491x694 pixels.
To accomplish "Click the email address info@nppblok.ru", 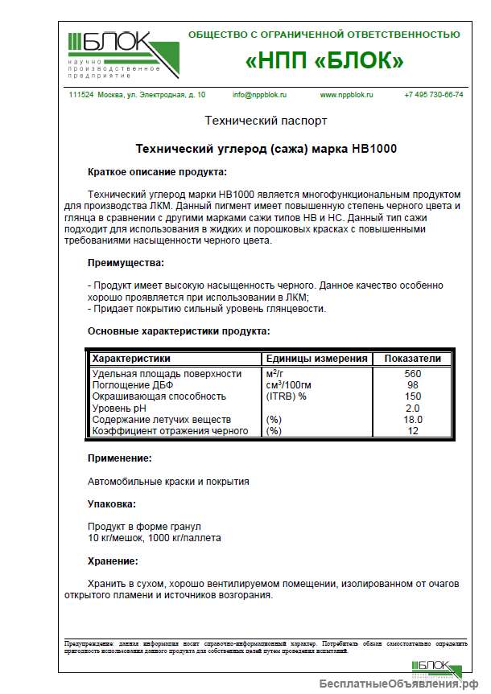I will (x=259, y=94).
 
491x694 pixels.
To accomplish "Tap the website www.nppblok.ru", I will (x=347, y=94).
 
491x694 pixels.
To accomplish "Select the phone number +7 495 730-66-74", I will (x=433, y=94).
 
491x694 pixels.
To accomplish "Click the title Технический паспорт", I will (x=266, y=121).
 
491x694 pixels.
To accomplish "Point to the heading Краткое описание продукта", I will (x=157, y=171).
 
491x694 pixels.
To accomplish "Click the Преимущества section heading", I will (x=126, y=263).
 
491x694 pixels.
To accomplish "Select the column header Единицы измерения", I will (x=316, y=359).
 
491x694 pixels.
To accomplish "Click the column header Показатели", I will (x=413, y=359).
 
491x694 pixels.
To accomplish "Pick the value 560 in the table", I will (x=413, y=374).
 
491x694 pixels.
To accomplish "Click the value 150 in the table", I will (x=413, y=396).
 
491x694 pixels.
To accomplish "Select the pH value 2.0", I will (x=413, y=409).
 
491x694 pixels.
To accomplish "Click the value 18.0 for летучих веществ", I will (x=413, y=420).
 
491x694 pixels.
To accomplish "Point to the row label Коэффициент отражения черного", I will (x=171, y=431).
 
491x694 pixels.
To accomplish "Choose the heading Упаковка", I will (x=112, y=504).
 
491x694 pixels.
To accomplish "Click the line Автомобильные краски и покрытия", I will (x=168, y=482).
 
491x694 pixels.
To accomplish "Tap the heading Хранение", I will (x=113, y=561).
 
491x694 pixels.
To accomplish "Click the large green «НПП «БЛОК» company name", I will (x=324, y=61).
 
